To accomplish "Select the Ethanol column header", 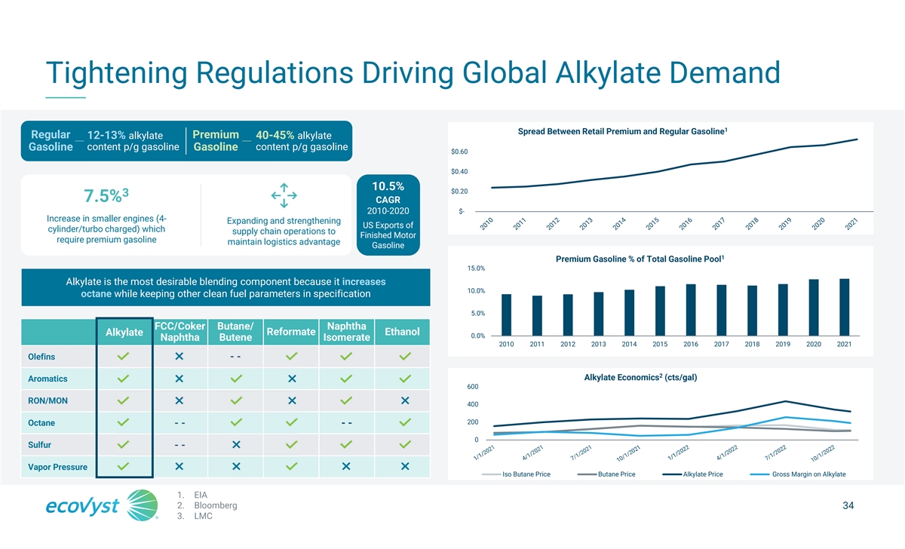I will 402,332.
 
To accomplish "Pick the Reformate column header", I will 291,332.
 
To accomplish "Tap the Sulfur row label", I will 39,444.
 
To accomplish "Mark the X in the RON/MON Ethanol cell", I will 405,400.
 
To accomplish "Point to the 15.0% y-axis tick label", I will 476,268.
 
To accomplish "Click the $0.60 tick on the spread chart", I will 459,152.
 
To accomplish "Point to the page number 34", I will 848,506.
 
